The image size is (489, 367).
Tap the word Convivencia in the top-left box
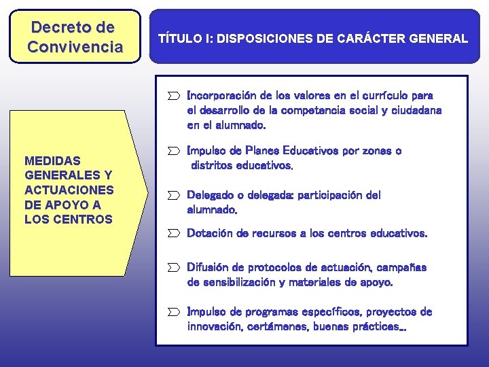pyautogui.click(x=75, y=47)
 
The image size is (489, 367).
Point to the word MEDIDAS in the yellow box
pyautogui.click(x=52, y=161)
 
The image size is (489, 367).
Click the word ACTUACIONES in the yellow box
pyautogui.click(x=69, y=190)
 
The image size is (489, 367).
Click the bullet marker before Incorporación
pyautogui.click(x=175, y=96)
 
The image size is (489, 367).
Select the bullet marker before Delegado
pyautogui.click(x=175, y=196)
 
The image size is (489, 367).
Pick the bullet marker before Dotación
pyautogui.click(x=175, y=234)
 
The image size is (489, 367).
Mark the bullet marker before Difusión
pyautogui.click(x=175, y=268)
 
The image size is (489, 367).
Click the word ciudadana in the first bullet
pyautogui.click(x=415, y=110)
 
